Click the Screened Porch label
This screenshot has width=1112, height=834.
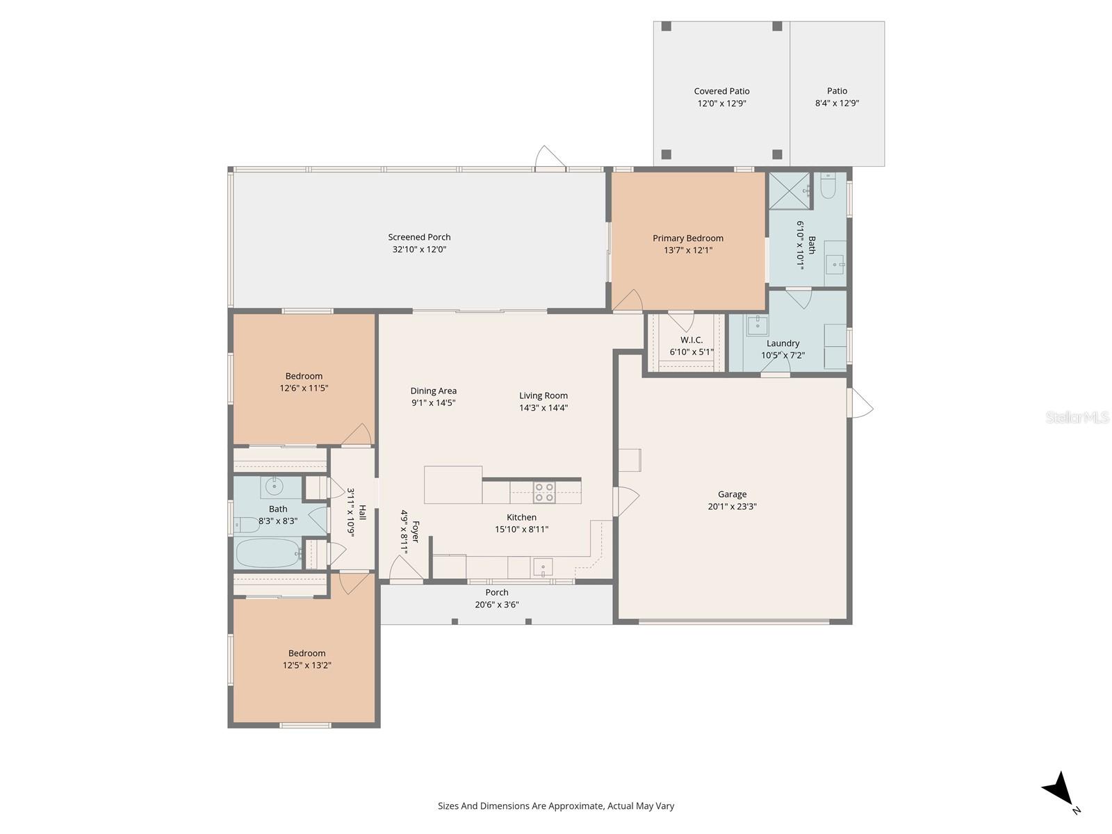click(x=419, y=237)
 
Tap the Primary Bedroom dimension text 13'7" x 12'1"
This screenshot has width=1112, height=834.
click(x=687, y=250)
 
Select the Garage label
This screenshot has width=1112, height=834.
click(x=732, y=494)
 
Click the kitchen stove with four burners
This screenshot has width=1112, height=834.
click(x=544, y=492)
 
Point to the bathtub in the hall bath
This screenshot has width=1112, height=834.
click(x=268, y=553)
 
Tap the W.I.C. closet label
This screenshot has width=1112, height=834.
click(x=691, y=340)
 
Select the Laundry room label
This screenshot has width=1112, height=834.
click(x=783, y=343)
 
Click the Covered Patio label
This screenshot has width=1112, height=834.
click(x=721, y=91)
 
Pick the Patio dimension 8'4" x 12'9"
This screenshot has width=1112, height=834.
click(x=837, y=103)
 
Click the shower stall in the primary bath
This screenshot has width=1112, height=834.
click(x=789, y=190)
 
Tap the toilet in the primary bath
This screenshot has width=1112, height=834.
click(x=828, y=186)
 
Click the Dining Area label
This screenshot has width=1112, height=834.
click(x=433, y=391)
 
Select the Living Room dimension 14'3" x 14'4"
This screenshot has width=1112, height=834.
click(x=543, y=408)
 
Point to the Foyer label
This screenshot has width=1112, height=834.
click(x=416, y=532)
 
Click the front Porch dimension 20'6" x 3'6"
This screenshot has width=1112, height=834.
click(x=496, y=605)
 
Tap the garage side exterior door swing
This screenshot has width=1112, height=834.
click(x=860, y=403)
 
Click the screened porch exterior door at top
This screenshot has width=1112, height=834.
click(x=550, y=158)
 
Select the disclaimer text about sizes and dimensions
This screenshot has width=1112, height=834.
click(x=555, y=806)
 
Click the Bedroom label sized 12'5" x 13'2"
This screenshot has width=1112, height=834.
click(x=306, y=653)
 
